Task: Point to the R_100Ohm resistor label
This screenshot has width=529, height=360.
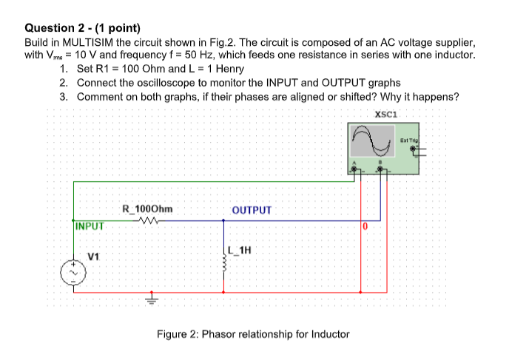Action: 147,209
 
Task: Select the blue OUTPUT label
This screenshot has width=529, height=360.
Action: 252,210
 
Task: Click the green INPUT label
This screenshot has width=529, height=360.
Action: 90,226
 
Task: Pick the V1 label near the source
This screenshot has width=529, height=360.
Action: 92,257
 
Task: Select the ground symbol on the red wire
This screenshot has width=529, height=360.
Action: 152,299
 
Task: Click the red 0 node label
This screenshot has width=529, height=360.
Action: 364,225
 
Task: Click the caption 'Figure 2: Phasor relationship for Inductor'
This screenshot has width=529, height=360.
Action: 252,334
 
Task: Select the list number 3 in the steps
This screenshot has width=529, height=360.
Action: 64,96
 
